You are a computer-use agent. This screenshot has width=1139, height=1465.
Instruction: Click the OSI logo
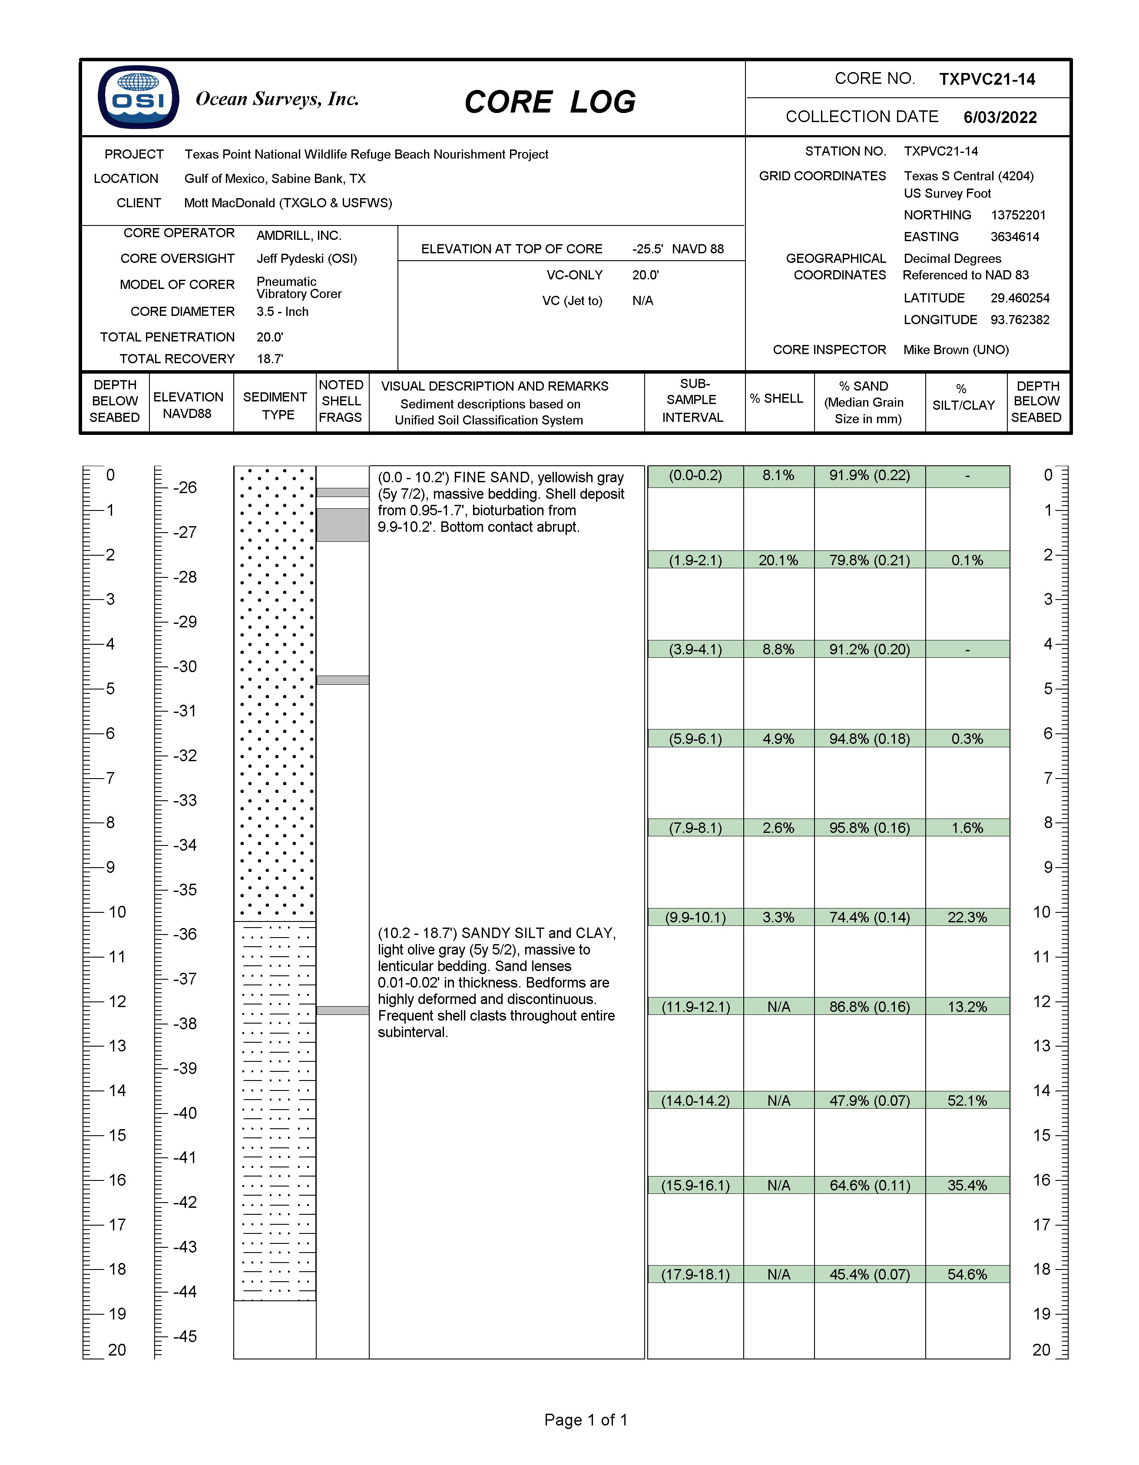point(138,97)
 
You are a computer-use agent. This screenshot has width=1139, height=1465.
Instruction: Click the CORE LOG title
point(550,102)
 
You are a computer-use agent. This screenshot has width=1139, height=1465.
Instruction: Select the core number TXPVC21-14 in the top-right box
point(987,79)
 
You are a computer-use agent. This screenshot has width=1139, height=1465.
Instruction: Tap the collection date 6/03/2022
point(1000,117)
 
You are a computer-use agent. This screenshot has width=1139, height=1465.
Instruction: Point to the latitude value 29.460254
point(1020,298)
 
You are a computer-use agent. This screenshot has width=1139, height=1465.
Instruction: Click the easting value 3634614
point(1014,237)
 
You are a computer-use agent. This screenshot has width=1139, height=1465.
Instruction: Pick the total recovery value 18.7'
point(270,359)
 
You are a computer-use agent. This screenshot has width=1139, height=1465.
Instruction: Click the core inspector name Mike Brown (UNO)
point(955,349)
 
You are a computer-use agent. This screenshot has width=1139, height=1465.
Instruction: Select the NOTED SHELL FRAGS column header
point(341,401)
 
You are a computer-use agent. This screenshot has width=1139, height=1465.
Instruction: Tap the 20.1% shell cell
point(778,560)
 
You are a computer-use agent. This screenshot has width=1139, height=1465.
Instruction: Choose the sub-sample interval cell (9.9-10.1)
point(695,917)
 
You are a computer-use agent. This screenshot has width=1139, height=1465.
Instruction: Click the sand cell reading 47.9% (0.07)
point(869,1101)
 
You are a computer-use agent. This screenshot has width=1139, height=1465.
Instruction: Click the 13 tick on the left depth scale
point(117,1046)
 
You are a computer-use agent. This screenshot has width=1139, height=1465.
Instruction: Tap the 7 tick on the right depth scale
point(1048,778)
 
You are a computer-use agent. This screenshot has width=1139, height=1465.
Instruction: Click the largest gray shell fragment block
point(342,524)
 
